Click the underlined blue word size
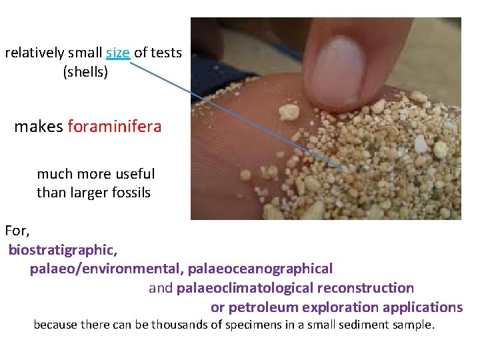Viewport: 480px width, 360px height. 117,53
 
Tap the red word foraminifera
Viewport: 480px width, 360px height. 115,126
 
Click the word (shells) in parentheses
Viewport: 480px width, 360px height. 85,72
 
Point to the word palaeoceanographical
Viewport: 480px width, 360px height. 260,269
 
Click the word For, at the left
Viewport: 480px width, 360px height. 17,231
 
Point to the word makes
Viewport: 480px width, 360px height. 39,126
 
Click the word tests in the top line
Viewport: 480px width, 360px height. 165,53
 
